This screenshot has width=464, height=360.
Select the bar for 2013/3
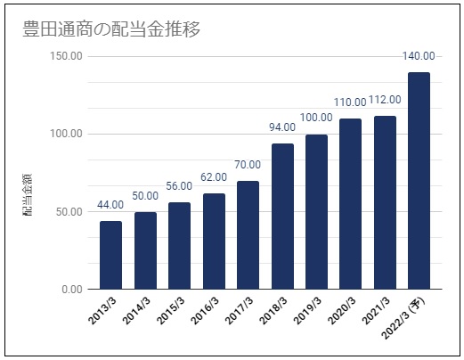pyautogui.click(x=110, y=255)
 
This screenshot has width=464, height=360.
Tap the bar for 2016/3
pyautogui.click(x=214, y=241)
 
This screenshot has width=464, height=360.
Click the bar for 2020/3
pyautogui.click(x=351, y=203)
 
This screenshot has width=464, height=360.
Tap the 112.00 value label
pyautogui.click(x=384, y=100)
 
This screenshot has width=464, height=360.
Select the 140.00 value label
pyautogui.click(x=419, y=57)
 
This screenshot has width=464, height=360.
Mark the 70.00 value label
pyautogui.click(x=248, y=164)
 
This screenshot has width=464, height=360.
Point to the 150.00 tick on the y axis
pyautogui.click(x=67, y=55)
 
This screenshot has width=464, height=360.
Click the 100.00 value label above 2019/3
pyautogui.click(x=316, y=118)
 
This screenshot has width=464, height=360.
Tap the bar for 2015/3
pyautogui.click(x=179, y=246)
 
